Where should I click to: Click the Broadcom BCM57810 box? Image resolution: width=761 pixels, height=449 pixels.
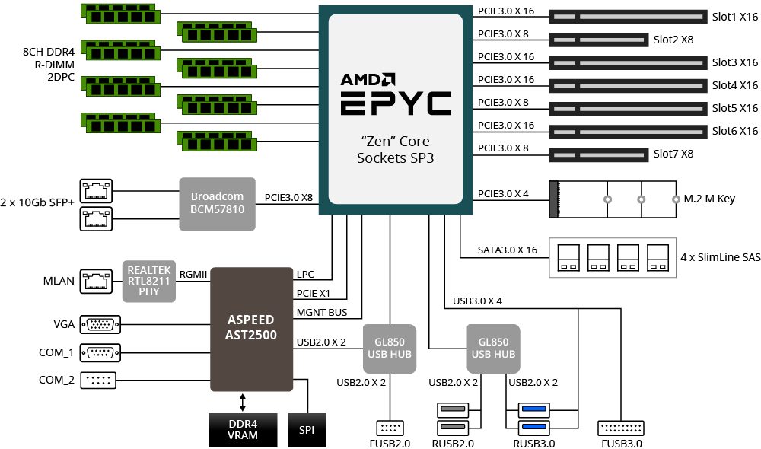click(x=217, y=204)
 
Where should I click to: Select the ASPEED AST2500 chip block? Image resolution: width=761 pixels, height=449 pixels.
click(x=251, y=329)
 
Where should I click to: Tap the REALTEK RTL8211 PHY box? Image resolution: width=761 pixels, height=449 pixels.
click(x=149, y=281)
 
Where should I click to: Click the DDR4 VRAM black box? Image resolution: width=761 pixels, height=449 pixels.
click(x=243, y=430)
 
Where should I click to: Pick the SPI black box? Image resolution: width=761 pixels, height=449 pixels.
click(x=307, y=430)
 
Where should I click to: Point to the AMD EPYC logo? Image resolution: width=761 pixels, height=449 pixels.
click(x=396, y=94)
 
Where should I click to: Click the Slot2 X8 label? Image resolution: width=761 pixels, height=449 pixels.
click(x=673, y=40)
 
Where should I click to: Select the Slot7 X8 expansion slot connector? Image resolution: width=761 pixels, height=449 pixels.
click(x=599, y=154)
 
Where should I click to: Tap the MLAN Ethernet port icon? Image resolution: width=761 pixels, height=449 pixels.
click(x=96, y=281)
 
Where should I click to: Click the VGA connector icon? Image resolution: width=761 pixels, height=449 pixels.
click(x=100, y=324)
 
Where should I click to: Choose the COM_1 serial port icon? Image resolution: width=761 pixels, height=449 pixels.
click(x=100, y=352)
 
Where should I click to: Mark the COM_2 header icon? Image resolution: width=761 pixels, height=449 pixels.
click(x=98, y=380)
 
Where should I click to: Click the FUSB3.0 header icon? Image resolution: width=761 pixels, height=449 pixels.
click(x=621, y=428)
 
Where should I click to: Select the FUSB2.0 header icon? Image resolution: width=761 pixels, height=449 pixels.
click(x=390, y=428)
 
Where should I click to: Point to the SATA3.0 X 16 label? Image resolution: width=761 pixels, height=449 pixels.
click(x=507, y=250)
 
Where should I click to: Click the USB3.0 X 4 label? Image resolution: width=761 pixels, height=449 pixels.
click(x=477, y=301)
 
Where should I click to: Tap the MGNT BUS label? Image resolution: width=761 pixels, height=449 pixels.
click(x=322, y=313)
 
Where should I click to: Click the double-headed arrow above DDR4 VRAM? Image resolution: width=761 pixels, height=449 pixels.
click(x=243, y=403)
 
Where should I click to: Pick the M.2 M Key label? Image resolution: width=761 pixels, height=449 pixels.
click(x=709, y=199)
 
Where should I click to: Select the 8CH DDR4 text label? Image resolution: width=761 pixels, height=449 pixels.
click(x=49, y=52)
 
